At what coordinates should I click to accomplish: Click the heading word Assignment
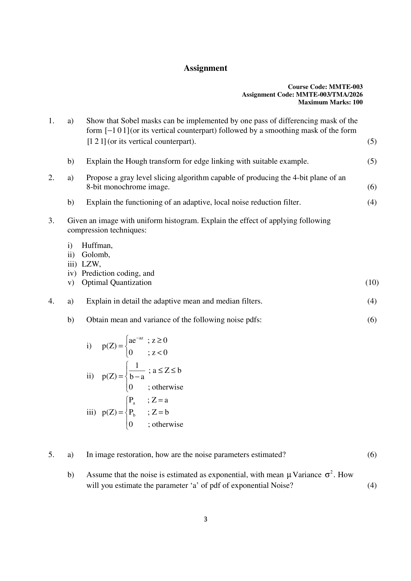point(205,68)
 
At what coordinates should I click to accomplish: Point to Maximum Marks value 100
point(358,102)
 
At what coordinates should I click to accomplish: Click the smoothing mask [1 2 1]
point(96,141)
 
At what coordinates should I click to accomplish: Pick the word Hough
point(136,161)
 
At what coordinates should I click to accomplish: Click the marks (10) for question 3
point(372,282)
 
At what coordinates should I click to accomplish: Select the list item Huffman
point(97,245)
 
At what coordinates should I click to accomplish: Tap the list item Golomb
point(96,255)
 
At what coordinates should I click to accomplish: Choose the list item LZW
point(91,264)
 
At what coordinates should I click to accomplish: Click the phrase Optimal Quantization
point(116,282)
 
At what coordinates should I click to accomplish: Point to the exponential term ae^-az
point(136,340)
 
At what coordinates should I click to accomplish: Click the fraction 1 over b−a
point(137,371)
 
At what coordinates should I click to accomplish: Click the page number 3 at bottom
point(205,519)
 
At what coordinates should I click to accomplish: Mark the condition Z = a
point(160,400)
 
